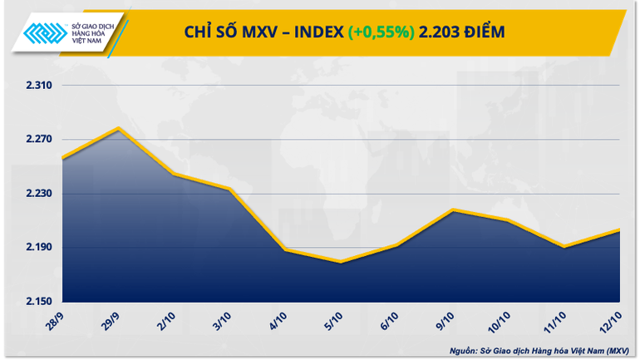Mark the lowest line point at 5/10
(341, 263)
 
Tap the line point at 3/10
(229, 190)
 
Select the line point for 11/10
(564, 247)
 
